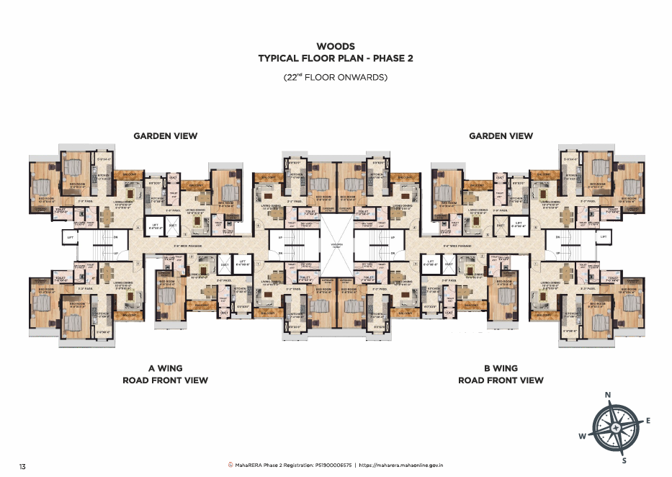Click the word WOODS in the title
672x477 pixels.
[x=336, y=46]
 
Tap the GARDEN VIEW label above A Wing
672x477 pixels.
[x=165, y=135]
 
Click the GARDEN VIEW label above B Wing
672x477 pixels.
[x=501, y=135]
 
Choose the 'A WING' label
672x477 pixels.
[x=165, y=367]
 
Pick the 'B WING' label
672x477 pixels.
[x=501, y=367]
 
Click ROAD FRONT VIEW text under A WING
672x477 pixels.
[x=165, y=380]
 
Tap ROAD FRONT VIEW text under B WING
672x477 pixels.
[x=501, y=380]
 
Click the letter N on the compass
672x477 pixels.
[x=608, y=395]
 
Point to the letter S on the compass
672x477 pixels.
[x=624, y=460]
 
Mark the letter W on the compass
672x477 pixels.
[x=582, y=436]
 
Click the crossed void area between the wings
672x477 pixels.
[x=336, y=245]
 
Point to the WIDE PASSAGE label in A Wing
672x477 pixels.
[x=192, y=246]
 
